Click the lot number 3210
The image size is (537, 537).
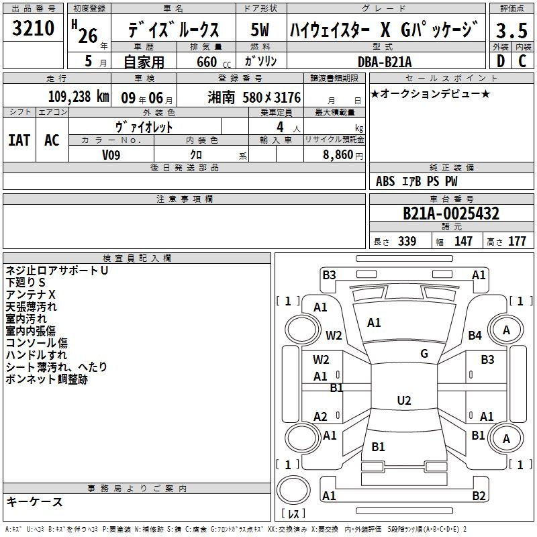33,28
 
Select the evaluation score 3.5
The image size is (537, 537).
511,30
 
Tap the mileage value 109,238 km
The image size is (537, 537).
79,97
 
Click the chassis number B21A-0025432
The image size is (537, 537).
451,213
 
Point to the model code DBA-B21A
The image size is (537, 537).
385,62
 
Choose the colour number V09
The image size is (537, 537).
111,155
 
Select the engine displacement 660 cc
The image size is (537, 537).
213,62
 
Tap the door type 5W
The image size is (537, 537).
260,30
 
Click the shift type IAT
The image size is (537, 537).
19,140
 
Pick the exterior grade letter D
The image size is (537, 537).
501,61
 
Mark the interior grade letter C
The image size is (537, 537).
522,61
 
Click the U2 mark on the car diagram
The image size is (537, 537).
404,400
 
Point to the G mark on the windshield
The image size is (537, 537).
424,354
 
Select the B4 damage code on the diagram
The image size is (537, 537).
475,335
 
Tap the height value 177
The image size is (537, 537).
517,241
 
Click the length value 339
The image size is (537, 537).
407,241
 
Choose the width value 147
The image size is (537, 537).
463,241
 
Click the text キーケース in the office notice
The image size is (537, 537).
34,501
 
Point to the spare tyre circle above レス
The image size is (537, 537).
293,490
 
